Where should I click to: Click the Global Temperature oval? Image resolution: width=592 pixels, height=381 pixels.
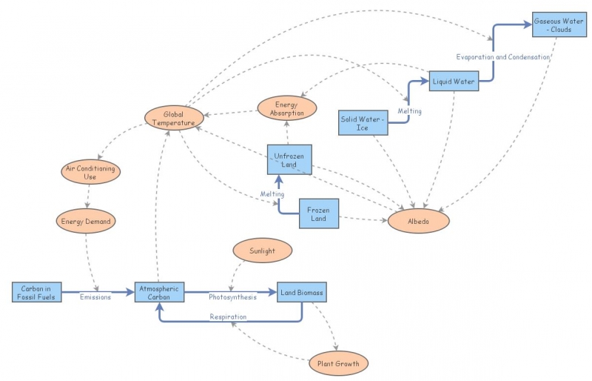(174, 119)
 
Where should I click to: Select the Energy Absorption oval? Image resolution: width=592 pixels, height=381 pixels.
(287, 108)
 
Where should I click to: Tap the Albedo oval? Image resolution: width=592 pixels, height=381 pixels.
(418, 222)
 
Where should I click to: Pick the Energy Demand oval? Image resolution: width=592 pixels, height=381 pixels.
(87, 220)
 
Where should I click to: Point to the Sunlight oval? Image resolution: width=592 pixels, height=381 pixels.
(262, 251)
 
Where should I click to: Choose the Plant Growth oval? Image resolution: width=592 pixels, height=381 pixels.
(338, 363)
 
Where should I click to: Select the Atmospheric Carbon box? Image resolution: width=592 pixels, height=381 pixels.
(159, 292)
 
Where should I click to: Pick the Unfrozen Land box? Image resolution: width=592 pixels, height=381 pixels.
(289, 159)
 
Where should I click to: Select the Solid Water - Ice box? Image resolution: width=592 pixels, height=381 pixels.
(362, 123)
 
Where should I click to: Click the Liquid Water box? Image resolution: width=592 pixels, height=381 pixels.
(454, 81)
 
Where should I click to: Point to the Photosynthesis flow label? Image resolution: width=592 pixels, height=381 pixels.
(232, 298)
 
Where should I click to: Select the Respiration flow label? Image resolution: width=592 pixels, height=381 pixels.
(227, 317)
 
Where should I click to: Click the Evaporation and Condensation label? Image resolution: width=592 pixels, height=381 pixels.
(502, 57)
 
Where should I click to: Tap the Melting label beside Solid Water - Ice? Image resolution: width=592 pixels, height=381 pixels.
(409, 111)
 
